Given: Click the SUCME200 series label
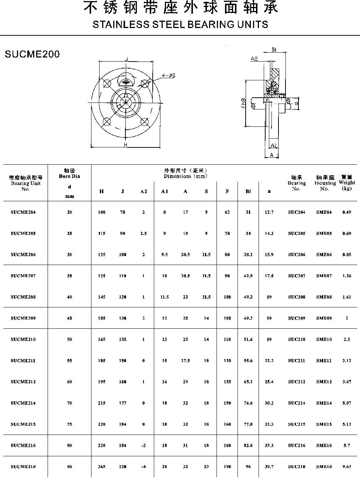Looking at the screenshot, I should coord(32,54).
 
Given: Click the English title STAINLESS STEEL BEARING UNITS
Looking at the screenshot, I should coord(180,25).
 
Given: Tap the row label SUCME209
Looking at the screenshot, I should coord(23,318).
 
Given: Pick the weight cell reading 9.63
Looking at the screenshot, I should coord(346,467).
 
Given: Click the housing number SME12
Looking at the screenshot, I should coord(324,382).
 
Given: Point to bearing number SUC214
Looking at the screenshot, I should coord(297,403).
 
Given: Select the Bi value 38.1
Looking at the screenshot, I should coord(248,255).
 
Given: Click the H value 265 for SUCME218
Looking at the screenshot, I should coord(101,467).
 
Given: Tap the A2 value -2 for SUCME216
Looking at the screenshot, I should coord(143,446).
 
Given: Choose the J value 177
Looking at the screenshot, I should coord(122,403).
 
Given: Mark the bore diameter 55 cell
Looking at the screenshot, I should coord(69,361).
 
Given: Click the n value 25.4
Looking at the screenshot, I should coord(269,382).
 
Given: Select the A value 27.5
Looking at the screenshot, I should coord(185,361).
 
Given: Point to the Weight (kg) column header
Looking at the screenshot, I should coord(346,183).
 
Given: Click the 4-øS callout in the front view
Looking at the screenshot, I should coord(168,76).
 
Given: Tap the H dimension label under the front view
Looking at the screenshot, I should coord(125,145).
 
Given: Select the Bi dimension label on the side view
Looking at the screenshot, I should coord(274,50).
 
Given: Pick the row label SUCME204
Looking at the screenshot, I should coord(23,212).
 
